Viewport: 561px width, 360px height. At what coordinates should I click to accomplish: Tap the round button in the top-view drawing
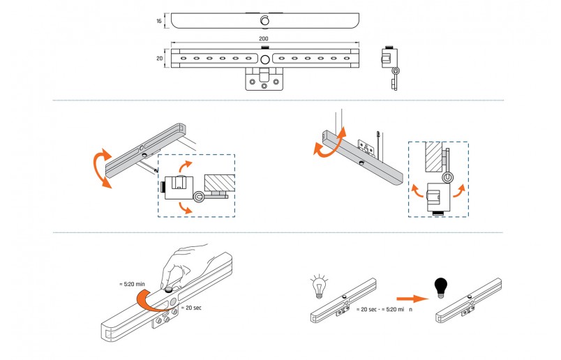[264, 20]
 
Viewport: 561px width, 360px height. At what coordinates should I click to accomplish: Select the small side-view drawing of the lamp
[393, 68]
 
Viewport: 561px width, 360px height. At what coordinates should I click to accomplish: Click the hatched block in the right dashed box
[433, 158]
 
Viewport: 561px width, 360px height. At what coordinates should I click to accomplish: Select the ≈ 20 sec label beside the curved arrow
[190, 308]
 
